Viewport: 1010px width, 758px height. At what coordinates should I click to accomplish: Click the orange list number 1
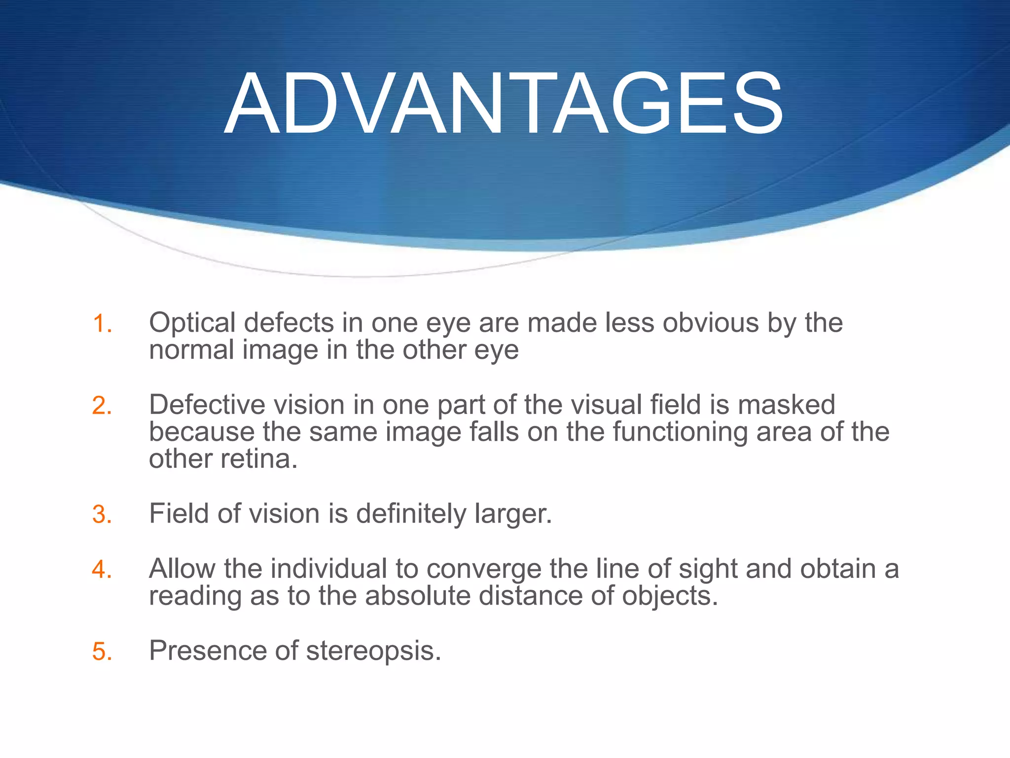click(102, 324)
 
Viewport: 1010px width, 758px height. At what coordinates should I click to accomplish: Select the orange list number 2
click(102, 406)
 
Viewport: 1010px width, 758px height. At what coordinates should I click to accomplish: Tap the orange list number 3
click(102, 514)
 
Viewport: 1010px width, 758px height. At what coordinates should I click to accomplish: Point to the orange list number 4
click(102, 569)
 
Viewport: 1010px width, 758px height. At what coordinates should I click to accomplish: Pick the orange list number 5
click(102, 651)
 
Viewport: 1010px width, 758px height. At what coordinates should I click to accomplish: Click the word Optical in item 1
click(192, 323)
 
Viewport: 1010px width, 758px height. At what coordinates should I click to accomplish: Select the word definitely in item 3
click(411, 514)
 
